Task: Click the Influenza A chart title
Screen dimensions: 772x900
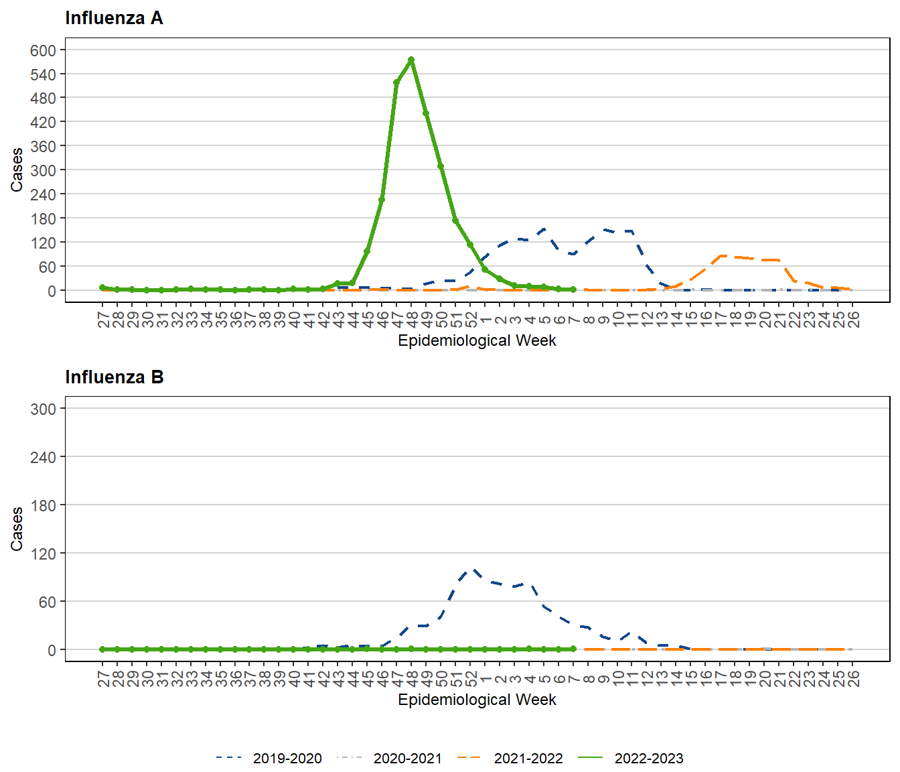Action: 114,18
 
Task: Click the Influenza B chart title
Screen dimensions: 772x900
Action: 114,377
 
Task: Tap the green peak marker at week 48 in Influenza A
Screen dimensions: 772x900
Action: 411,60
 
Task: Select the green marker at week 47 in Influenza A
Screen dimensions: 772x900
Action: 396,82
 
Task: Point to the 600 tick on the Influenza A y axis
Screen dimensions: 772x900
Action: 43,50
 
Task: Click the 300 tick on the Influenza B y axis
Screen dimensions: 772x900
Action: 43,409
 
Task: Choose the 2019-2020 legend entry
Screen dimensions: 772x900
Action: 269,758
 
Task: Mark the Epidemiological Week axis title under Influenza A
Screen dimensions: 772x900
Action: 477,340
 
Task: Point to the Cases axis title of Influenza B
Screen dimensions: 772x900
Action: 17,529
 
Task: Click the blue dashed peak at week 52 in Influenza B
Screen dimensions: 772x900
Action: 473,570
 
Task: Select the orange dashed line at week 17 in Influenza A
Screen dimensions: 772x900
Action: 721,256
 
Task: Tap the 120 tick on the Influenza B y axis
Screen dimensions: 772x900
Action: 43,554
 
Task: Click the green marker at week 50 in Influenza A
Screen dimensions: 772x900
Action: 441,166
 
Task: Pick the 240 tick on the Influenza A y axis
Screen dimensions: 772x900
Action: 43,194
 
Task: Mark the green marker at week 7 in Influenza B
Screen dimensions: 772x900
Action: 573,649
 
